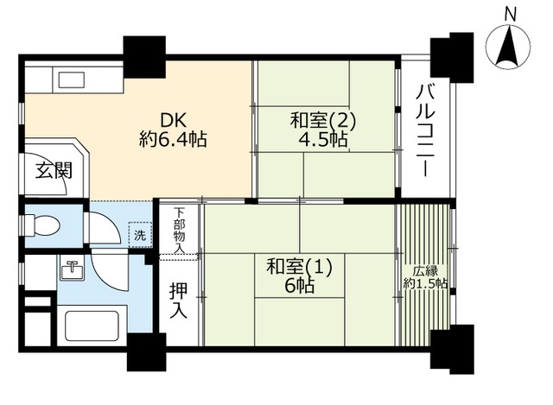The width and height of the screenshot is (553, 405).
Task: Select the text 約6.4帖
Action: [172, 138]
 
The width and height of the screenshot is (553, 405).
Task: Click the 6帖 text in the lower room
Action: [299, 286]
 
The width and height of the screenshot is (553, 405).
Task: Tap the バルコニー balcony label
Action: [424, 130]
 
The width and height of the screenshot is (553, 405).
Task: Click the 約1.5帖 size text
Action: [425, 284]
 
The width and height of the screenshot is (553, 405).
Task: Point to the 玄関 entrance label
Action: [54, 170]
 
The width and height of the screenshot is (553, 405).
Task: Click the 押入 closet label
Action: [178, 300]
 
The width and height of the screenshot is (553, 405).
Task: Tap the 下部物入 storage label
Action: [179, 230]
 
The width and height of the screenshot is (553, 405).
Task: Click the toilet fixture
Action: [43, 226]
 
